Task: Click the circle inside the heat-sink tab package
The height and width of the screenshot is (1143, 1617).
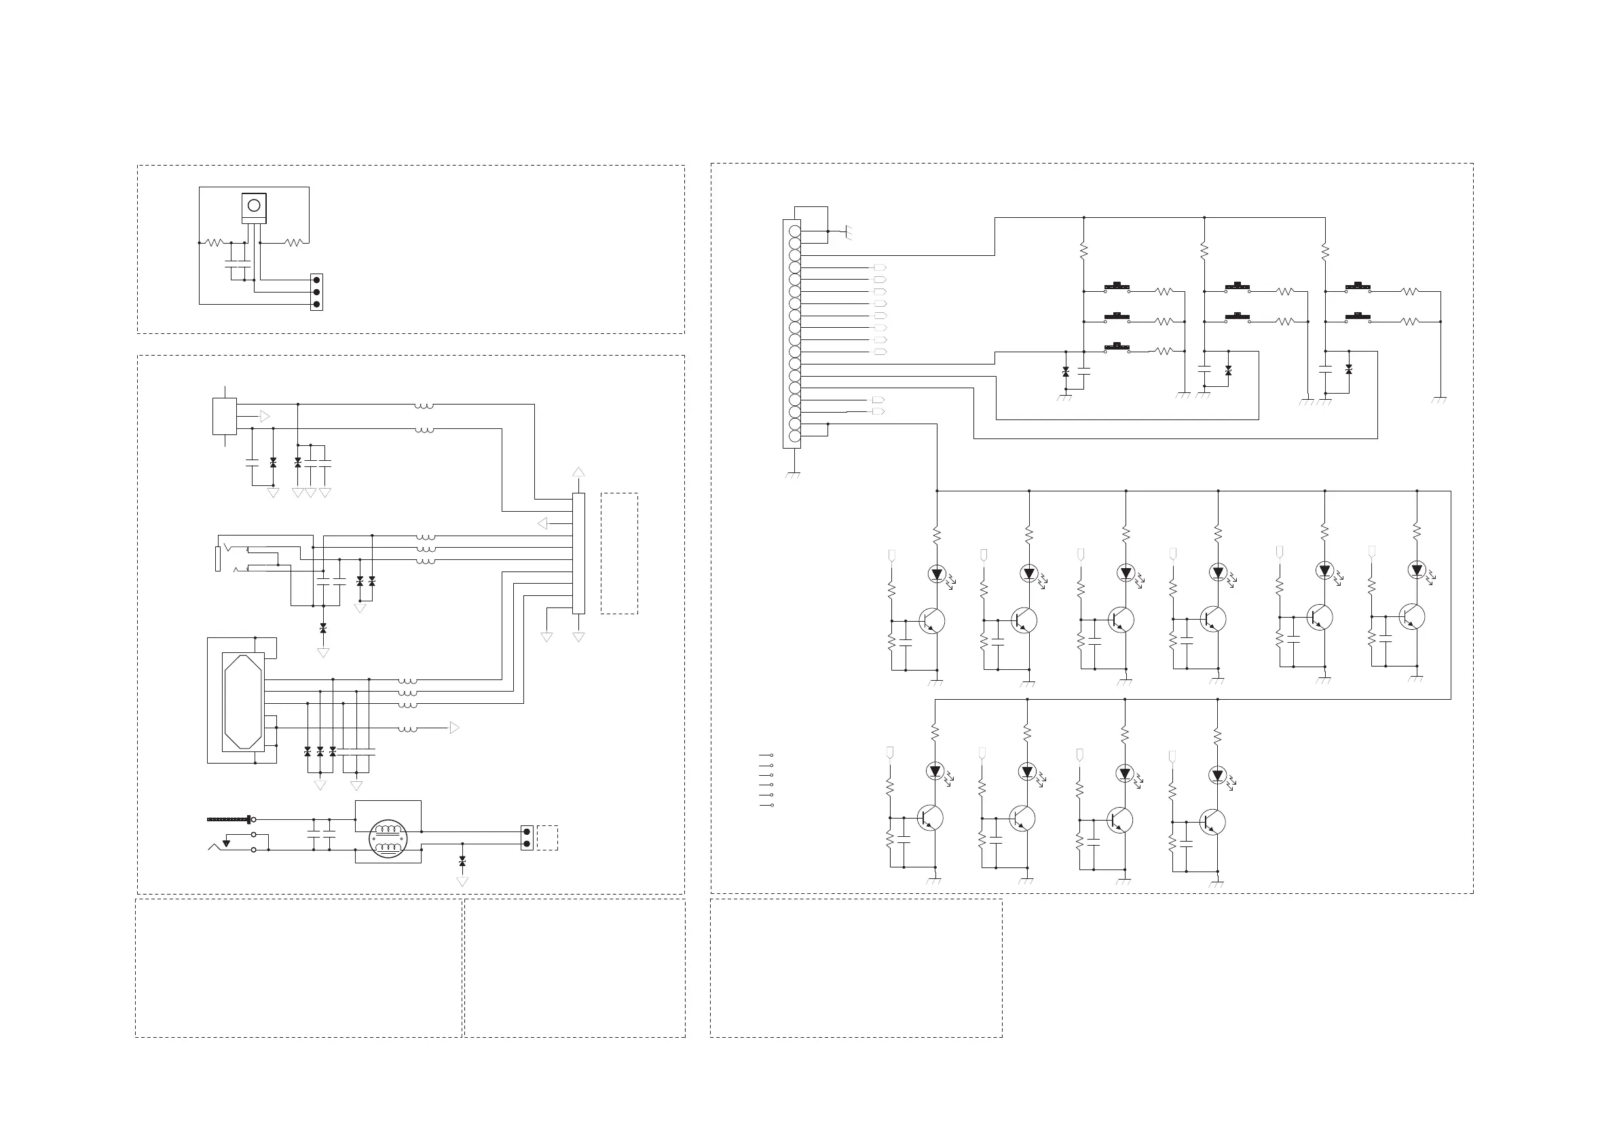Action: tap(255, 205)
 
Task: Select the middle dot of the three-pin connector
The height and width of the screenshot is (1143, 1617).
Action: tap(317, 293)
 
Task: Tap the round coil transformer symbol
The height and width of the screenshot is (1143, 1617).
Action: tap(388, 838)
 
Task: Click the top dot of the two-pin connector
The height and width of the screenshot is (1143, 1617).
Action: tap(527, 831)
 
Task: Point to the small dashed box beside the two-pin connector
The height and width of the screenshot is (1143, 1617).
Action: tap(547, 838)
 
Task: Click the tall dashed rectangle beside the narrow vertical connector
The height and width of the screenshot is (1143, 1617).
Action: tap(619, 553)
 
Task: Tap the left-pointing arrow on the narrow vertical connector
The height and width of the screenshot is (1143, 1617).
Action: tap(542, 523)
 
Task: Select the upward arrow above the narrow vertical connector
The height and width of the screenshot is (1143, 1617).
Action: tap(578, 472)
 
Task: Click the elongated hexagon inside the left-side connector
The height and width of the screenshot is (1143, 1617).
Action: tap(243, 701)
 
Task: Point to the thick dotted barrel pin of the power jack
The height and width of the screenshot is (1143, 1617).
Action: tap(229, 819)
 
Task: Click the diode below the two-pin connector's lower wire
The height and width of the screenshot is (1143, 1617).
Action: tap(462, 863)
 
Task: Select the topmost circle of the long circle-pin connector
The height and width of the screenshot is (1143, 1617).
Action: tap(794, 231)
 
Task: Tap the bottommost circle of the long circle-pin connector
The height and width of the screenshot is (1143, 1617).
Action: tap(794, 436)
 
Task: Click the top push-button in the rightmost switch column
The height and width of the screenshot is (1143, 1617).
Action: tap(1357, 286)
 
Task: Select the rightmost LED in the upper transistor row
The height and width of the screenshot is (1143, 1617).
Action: tap(1417, 570)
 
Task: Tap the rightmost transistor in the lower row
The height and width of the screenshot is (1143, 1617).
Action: tap(1212, 822)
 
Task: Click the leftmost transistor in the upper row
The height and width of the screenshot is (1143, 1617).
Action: tap(931, 621)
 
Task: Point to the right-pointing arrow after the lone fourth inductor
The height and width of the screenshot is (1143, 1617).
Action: tap(454, 728)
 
